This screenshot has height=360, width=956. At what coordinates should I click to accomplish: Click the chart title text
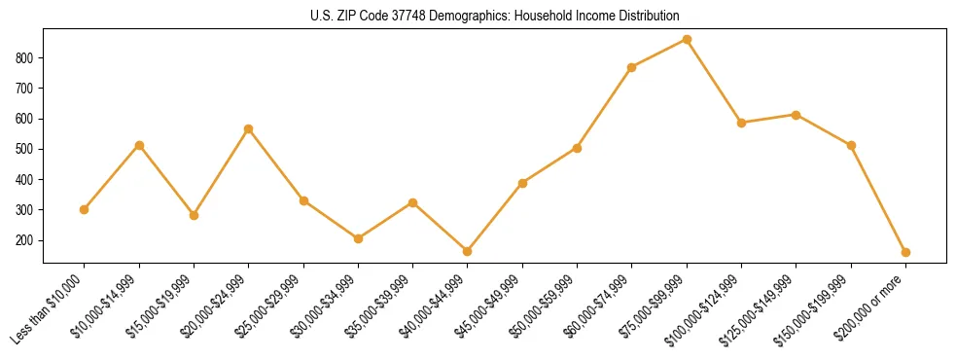point(494,16)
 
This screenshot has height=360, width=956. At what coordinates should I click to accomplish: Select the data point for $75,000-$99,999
point(687,40)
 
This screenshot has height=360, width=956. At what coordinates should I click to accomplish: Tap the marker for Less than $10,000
point(85,209)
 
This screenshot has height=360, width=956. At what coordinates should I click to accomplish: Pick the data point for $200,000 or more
point(905,252)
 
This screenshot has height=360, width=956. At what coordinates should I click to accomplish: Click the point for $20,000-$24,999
point(249,128)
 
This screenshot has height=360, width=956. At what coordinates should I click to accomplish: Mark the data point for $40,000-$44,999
point(468,251)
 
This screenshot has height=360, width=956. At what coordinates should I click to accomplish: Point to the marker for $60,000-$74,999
point(632,67)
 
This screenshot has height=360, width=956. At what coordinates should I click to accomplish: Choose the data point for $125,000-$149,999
point(797,115)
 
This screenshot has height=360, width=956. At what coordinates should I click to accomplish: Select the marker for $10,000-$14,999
point(139,145)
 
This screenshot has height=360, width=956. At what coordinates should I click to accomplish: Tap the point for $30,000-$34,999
point(358,238)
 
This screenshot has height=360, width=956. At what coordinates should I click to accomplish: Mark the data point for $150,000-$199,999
point(851,145)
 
